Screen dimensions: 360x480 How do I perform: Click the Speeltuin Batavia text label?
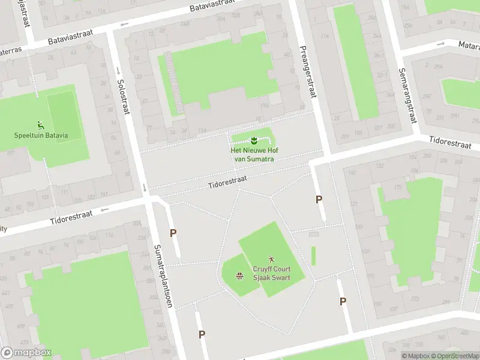pyautogui.click(x=41, y=135)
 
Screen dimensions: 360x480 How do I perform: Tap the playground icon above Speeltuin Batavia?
pyautogui.click(x=41, y=125)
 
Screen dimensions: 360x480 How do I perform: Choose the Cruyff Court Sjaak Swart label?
pyautogui.click(x=271, y=274)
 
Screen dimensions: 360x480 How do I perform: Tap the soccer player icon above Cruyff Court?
pyautogui.click(x=271, y=259)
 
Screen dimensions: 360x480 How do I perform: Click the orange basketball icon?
pyautogui.click(x=239, y=276)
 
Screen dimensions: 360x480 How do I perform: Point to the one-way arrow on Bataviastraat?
pyautogui.click(x=124, y=25)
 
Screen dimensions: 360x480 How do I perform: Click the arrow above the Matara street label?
pyautogui.click(x=440, y=43)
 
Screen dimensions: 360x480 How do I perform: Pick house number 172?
pyautogui.click(x=397, y=188)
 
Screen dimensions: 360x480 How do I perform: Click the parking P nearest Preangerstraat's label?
pyautogui.click(x=319, y=199)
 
